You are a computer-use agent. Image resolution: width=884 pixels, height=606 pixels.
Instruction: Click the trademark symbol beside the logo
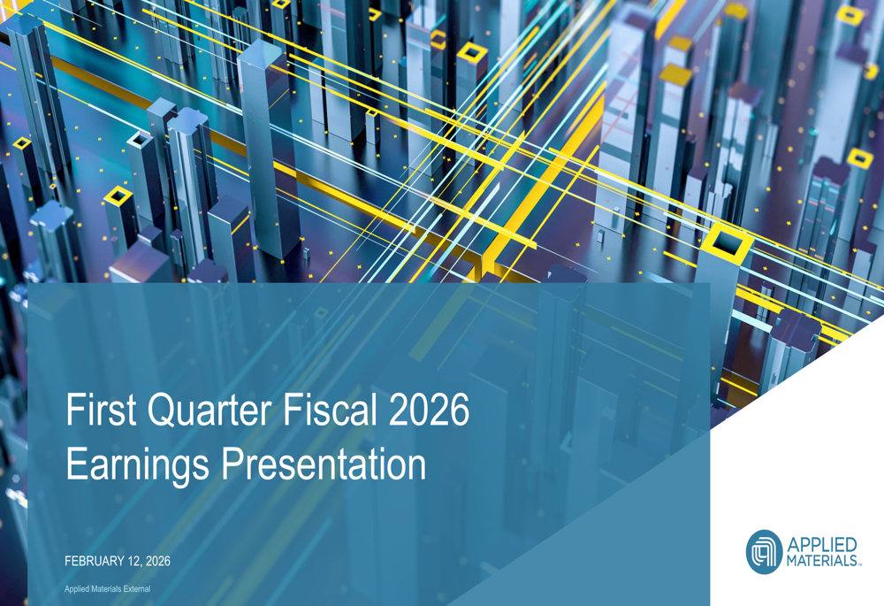[x=860, y=563]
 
